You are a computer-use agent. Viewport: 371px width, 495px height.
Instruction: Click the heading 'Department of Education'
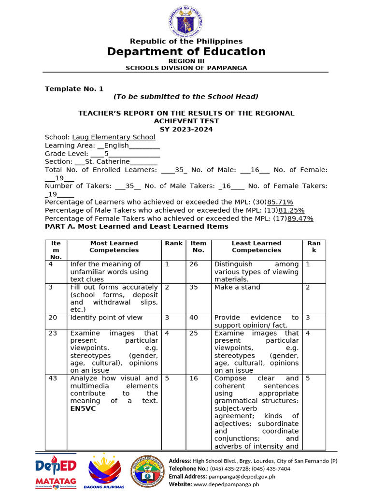[186, 52]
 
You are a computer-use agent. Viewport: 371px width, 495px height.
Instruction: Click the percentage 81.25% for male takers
[291, 210]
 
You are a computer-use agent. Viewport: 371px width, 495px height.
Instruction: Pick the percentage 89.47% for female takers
[300, 218]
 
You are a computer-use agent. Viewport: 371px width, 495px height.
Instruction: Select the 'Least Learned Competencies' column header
[256, 247]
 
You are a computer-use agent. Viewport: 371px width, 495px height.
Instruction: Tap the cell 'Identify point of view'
[106, 318]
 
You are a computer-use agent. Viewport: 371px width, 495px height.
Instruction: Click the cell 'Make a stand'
[237, 287]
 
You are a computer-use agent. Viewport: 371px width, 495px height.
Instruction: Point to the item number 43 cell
[53, 379]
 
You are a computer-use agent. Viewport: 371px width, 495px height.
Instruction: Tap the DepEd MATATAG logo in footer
[56, 471]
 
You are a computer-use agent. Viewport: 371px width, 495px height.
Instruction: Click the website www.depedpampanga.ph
[226, 484]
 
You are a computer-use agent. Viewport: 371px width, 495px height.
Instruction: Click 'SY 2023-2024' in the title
[186, 129]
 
